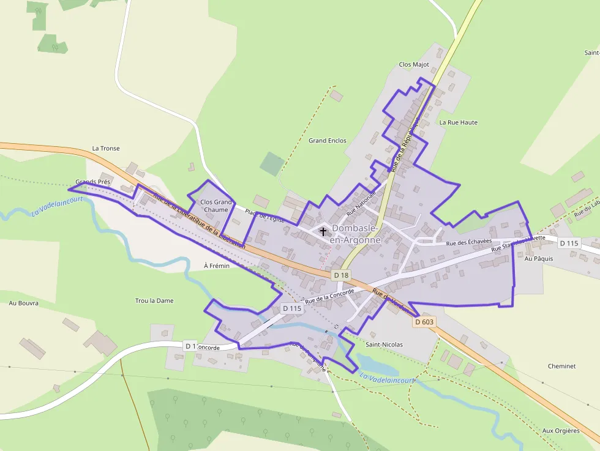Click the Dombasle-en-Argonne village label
[356, 234]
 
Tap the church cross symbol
[323, 232]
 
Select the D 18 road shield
[342, 275]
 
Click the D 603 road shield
[424, 322]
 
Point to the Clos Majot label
[414, 64]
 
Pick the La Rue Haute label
[459, 122]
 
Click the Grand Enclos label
[328, 141]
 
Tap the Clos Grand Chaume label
[216, 206]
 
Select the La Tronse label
[106, 148]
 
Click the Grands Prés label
[93, 182]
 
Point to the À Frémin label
[217, 266]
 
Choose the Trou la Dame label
[154, 300]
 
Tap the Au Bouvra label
[24, 303]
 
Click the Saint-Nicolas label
[384, 345]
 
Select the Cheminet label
[561, 366]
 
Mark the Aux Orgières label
[561, 431]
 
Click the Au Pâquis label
[539, 259]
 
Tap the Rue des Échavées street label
[469, 242]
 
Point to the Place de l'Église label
[265, 215]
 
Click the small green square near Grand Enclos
[272, 164]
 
